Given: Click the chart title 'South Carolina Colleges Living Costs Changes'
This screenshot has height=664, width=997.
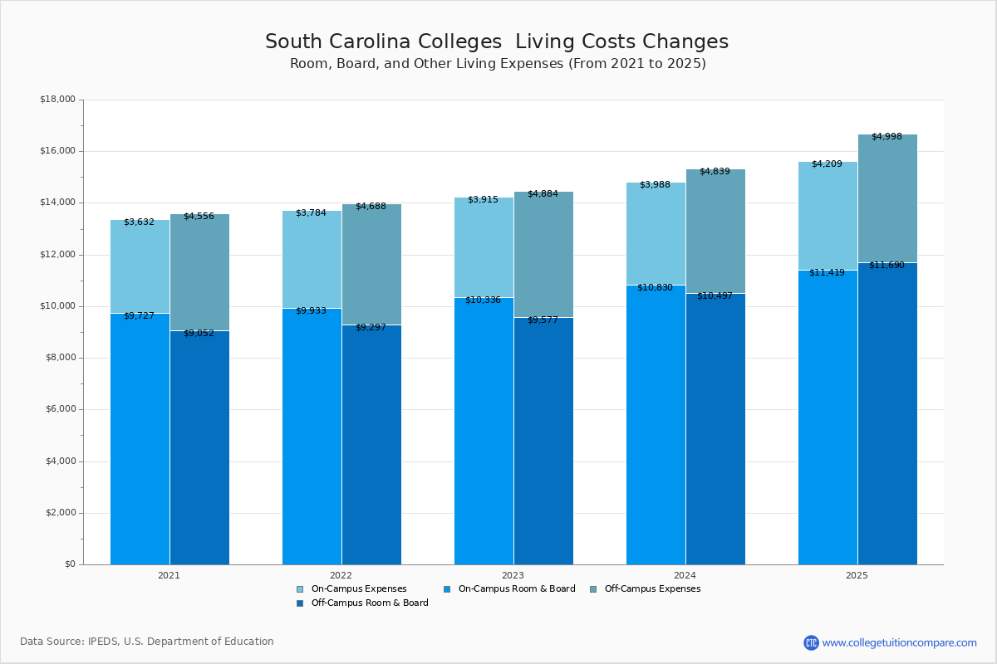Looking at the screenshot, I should pyautogui.click(x=497, y=42).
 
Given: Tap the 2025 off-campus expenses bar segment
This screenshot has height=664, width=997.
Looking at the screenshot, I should pyautogui.click(x=887, y=199).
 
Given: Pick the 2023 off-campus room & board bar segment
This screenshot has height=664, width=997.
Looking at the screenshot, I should pyautogui.click(x=543, y=440).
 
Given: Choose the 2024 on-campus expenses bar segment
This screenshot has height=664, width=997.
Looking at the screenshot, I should pyautogui.click(x=656, y=234).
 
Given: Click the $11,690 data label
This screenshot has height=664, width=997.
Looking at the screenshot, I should pyautogui.click(x=886, y=265).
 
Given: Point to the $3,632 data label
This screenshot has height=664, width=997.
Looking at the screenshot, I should pyautogui.click(x=139, y=222).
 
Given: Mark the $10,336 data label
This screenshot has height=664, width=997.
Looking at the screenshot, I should pyautogui.click(x=483, y=300).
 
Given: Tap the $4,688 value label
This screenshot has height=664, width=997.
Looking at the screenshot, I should pyautogui.click(x=371, y=206).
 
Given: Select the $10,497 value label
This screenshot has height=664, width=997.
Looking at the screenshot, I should pyautogui.click(x=715, y=295).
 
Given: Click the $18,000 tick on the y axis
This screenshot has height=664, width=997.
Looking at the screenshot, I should pyautogui.click(x=57, y=100).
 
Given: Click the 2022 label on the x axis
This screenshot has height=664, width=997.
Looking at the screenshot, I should pyautogui.click(x=341, y=575).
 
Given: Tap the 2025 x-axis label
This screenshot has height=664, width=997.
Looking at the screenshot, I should pyautogui.click(x=857, y=575).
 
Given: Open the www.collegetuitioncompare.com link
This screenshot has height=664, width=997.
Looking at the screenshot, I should pyautogui.click(x=899, y=642).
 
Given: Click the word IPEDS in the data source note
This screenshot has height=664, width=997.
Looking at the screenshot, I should pyautogui.click(x=103, y=642).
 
